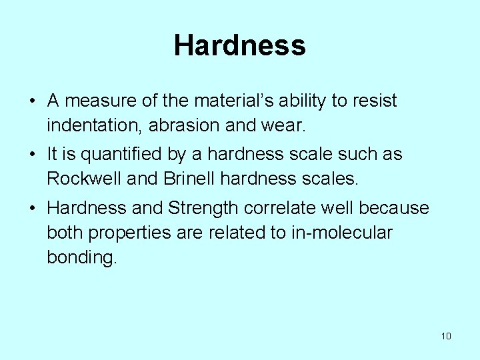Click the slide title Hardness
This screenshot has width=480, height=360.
pos(240,46)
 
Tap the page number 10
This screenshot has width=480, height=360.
pos(446,336)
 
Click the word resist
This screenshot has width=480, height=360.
pos(376,101)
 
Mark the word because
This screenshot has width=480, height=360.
pos(394,209)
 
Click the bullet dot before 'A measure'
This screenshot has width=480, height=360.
pos(32,102)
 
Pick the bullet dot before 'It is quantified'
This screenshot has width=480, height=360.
pos(32,155)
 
